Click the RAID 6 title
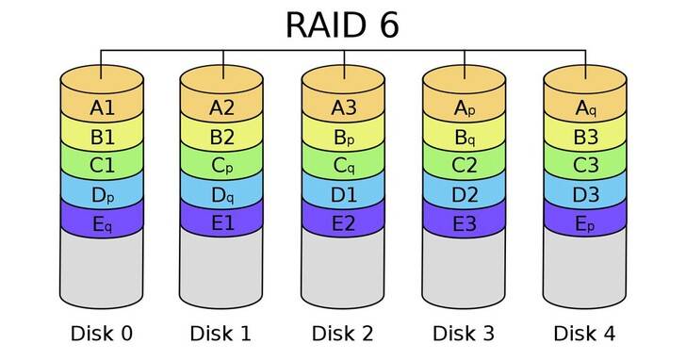coord(342,25)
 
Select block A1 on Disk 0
coord(102,107)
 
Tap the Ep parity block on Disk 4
coord(585,225)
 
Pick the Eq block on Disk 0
coord(102,225)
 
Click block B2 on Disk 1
coord(222,137)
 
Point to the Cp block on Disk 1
coord(222,167)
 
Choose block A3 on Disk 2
coord(343,107)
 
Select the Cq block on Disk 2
coord(343,167)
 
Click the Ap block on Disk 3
coord(464,107)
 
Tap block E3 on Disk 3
coord(464,225)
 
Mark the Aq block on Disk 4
coord(585,107)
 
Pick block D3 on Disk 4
coord(585,196)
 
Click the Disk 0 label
coord(102,333)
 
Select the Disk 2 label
coord(343,333)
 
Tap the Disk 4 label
coord(585,333)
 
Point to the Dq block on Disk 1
coord(222,196)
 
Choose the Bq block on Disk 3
coord(464,137)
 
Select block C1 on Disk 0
coord(102,167)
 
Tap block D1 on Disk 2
coord(343,196)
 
